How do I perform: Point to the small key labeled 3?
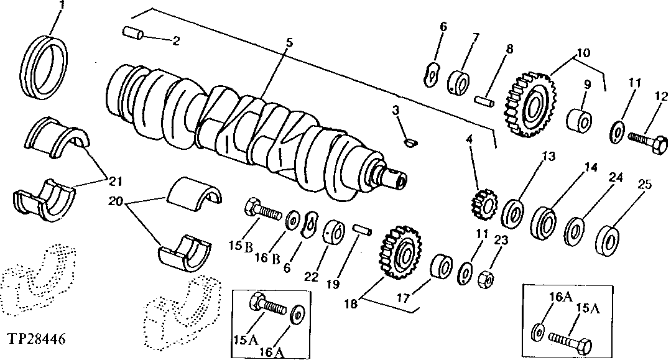408,142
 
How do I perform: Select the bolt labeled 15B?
264,212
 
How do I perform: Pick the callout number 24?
616,178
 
